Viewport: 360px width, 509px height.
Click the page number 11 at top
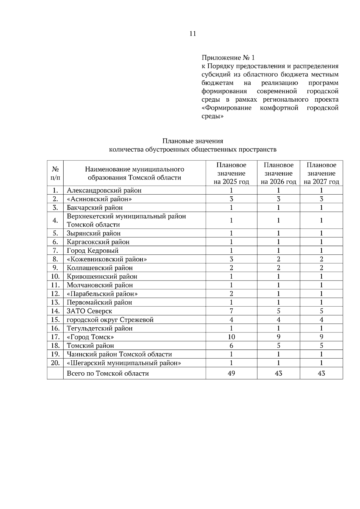point(193,34)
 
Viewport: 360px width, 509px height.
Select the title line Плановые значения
point(193,141)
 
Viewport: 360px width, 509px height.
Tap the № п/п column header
point(55,173)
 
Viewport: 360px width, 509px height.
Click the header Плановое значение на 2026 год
point(278,173)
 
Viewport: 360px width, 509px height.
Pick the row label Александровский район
point(104,190)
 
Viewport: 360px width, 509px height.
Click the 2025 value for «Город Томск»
point(231,337)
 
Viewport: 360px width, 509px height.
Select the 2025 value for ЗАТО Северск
point(231,311)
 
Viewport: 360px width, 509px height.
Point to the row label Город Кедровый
point(92,251)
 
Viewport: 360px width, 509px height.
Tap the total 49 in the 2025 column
point(231,373)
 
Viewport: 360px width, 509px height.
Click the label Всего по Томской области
point(108,374)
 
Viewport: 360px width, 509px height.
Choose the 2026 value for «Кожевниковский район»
point(278,259)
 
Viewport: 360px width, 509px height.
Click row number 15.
point(55,320)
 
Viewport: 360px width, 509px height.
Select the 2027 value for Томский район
point(321,346)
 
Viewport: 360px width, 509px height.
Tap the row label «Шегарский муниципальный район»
point(124,363)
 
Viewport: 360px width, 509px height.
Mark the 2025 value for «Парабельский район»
point(231,294)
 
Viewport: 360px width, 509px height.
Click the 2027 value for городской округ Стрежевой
point(321,320)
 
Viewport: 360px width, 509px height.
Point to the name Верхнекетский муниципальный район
point(126,216)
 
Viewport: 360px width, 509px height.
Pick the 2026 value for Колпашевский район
point(278,268)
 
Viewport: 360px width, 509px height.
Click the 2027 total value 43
point(321,373)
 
